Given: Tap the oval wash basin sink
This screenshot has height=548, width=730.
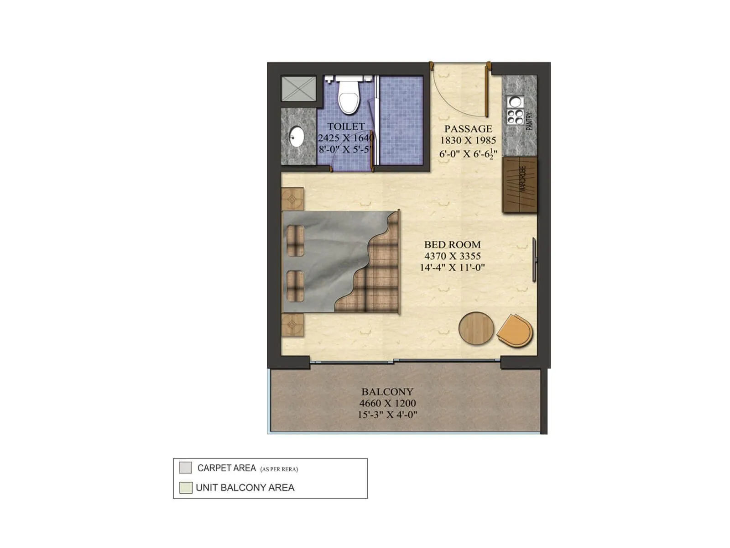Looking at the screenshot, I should (x=297, y=136).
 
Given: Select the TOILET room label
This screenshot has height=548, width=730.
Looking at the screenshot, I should (x=346, y=126).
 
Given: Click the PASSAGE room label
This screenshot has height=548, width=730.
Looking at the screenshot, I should (x=468, y=129).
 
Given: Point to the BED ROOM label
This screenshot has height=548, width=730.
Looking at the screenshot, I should (x=452, y=245).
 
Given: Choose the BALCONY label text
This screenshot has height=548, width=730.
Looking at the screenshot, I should (x=387, y=392).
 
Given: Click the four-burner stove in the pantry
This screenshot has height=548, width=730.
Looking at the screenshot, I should (x=516, y=117).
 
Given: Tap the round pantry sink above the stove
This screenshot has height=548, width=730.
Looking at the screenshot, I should (x=516, y=101).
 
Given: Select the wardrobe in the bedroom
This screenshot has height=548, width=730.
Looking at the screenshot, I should (x=520, y=184).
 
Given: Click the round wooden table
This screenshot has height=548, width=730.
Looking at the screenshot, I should (x=476, y=328).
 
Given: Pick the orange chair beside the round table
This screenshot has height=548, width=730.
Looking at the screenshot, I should (x=516, y=331).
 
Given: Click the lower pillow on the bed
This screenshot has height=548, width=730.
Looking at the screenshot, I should (x=295, y=286).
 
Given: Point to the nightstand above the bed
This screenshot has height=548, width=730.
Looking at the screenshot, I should (x=292, y=199).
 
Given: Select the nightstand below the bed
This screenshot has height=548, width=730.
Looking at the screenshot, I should (x=292, y=325).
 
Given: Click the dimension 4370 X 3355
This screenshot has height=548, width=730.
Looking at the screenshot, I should (x=452, y=256).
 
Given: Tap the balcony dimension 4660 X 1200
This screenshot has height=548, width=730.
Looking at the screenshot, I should (x=387, y=403).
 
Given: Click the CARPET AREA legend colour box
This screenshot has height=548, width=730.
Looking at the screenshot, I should (x=185, y=468).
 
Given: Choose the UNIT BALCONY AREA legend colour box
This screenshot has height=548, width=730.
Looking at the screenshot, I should (x=185, y=488).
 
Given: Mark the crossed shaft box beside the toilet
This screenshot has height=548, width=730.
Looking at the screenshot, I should (x=298, y=89).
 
